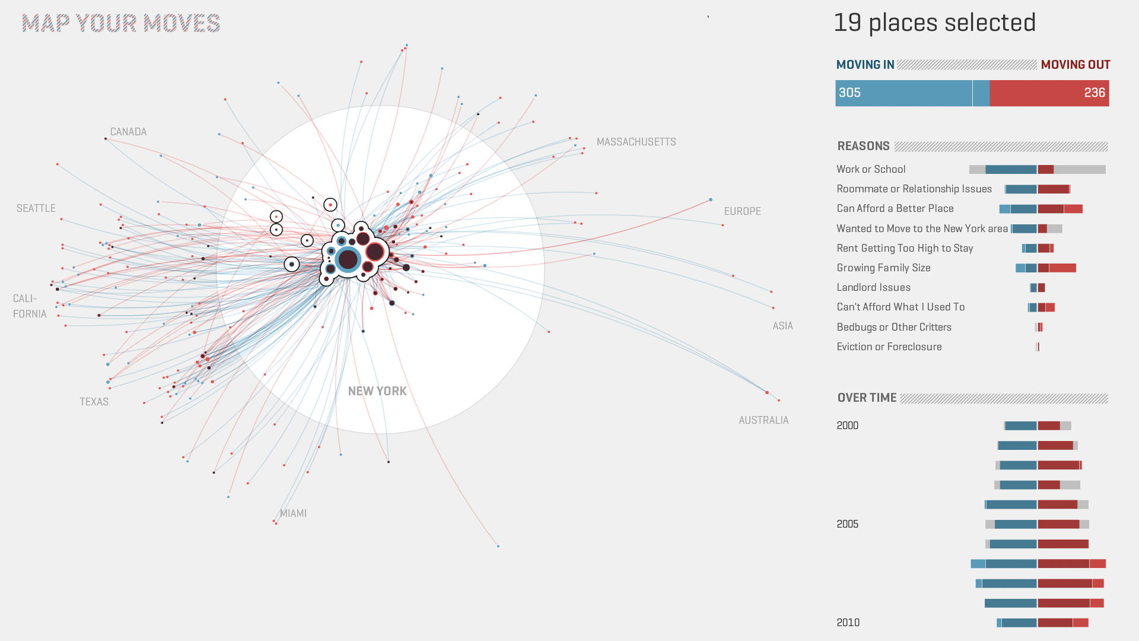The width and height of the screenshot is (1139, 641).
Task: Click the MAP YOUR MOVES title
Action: click(x=121, y=24)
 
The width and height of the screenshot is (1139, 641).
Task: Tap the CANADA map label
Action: click(x=128, y=132)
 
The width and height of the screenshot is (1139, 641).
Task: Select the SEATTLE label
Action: click(x=36, y=208)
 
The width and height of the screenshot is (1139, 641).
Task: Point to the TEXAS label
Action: click(x=94, y=402)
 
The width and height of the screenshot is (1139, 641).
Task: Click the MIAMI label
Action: click(x=293, y=513)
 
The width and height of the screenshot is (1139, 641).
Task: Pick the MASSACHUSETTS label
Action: click(x=636, y=142)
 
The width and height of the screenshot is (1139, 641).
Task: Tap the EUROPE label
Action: click(x=742, y=211)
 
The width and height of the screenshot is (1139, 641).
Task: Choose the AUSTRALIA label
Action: click(x=763, y=420)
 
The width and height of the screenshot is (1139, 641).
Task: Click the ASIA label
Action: click(x=782, y=326)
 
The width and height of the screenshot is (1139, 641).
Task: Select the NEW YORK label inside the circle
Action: click(x=377, y=391)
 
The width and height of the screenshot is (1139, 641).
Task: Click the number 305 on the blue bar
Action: click(x=850, y=93)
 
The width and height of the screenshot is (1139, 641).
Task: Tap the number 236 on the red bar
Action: click(x=1095, y=93)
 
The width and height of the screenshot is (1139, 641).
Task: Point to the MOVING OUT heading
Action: click(x=1075, y=65)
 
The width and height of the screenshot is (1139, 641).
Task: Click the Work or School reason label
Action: click(x=871, y=169)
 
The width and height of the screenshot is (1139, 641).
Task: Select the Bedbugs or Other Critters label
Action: click(x=894, y=327)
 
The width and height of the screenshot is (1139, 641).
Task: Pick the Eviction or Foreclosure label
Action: click(x=889, y=347)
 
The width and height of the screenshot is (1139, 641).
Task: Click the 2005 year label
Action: click(x=847, y=524)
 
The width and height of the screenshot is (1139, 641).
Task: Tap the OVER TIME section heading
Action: click(x=867, y=398)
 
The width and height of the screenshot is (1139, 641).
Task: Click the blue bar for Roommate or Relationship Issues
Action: click(x=1021, y=189)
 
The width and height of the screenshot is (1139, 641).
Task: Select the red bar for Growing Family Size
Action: click(x=1057, y=268)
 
